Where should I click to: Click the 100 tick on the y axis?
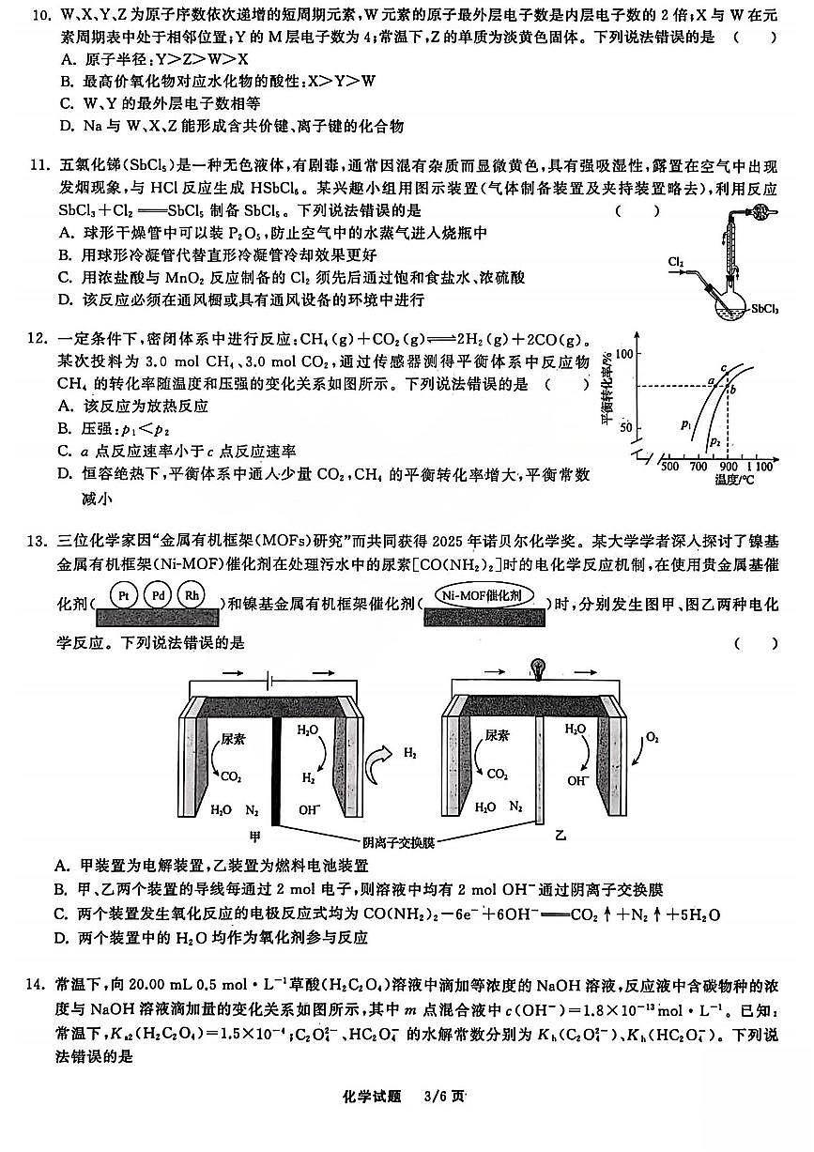623,352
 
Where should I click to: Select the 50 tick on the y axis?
626,427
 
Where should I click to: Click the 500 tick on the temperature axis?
669,466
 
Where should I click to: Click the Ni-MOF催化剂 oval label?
483,595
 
